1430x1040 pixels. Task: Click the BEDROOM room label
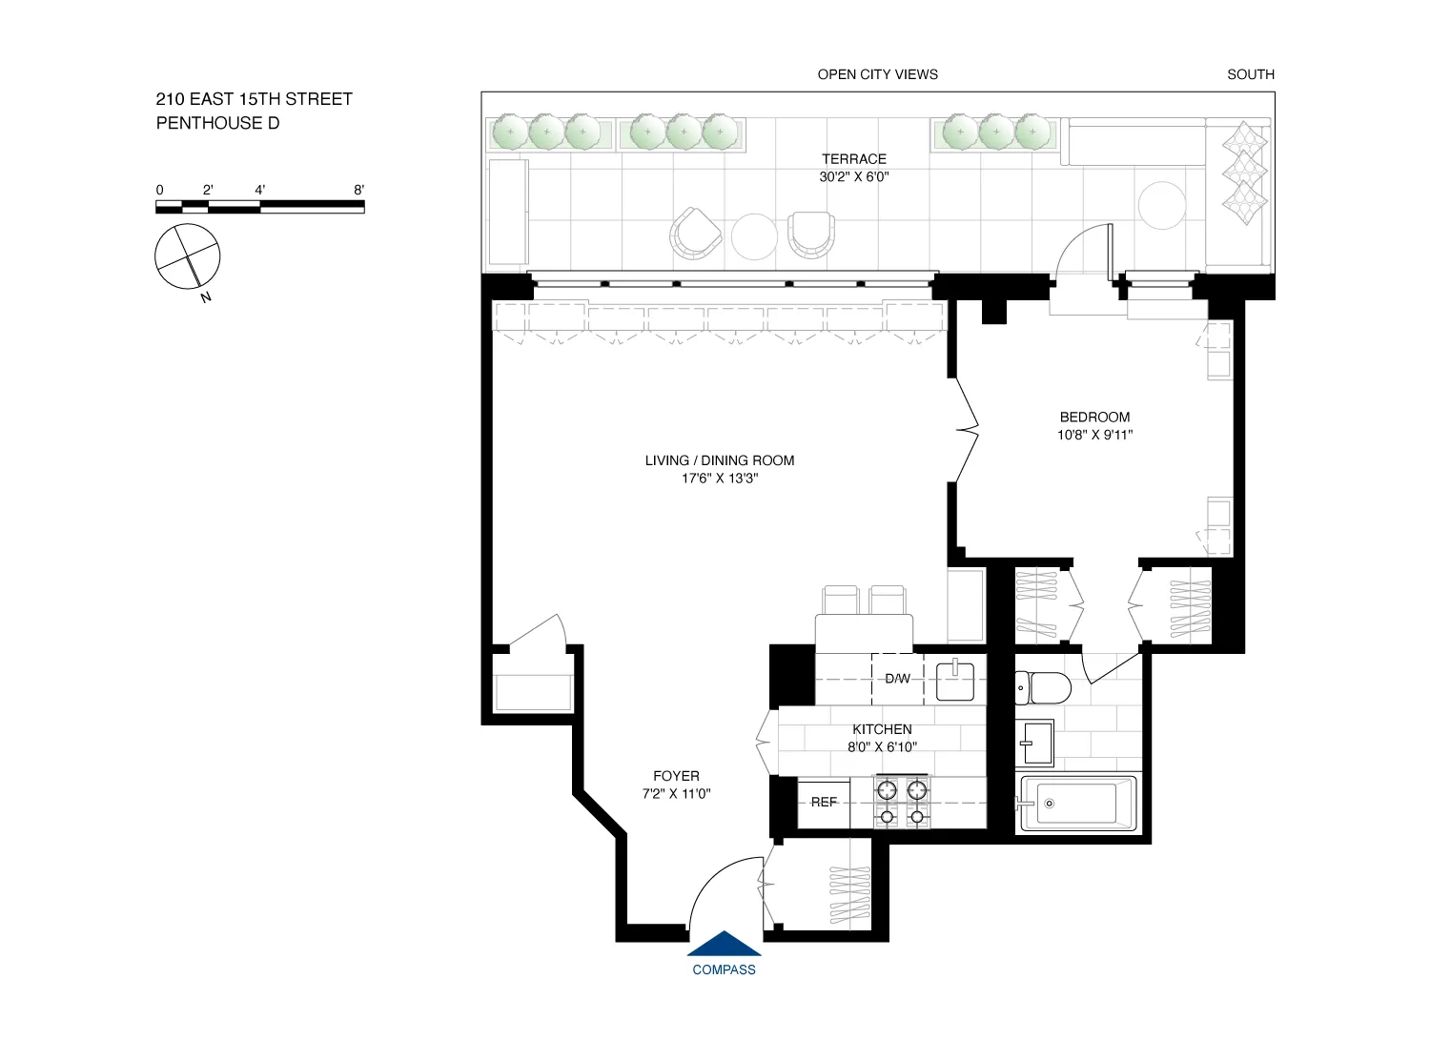(x=1094, y=418)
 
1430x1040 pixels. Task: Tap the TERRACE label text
(x=854, y=159)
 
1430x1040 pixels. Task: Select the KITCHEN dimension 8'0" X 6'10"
(x=882, y=747)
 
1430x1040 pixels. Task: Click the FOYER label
(x=676, y=776)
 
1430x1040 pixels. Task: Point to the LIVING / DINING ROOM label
(x=720, y=460)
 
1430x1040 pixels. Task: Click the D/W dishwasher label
(x=897, y=679)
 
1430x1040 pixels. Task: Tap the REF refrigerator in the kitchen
(x=824, y=803)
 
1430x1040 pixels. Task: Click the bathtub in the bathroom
(x=1078, y=804)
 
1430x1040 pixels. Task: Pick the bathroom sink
(x=1035, y=743)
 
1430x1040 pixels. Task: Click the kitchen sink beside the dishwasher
(x=955, y=681)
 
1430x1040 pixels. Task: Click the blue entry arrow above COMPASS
(x=725, y=944)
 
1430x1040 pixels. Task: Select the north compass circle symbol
(x=188, y=256)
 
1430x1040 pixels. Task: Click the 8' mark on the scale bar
(x=359, y=191)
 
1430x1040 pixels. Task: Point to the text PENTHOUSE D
(x=217, y=123)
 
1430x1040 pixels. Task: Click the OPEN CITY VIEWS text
(x=877, y=74)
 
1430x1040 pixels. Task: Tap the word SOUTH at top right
(x=1250, y=74)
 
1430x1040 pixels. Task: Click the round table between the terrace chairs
(x=754, y=235)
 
